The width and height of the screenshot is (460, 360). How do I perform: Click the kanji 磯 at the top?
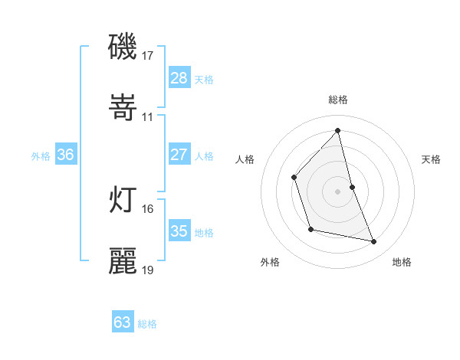(x=123, y=47)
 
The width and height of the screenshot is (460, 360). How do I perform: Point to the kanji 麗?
(x=123, y=261)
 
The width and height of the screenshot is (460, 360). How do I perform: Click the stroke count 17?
(x=148, y=56)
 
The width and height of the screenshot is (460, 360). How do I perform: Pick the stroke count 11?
(x=148, y=117)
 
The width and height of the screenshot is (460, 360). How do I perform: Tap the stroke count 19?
(x=148, y=270)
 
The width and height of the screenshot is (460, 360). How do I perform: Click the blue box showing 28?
(x=179, y=78)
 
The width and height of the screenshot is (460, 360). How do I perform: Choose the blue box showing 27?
(x=179, y=155)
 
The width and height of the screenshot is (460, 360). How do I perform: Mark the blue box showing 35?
(x=179, y=231)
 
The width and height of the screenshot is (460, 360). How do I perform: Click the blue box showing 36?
(x=66, y=155)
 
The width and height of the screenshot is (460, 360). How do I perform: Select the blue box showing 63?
(x=122, y=322)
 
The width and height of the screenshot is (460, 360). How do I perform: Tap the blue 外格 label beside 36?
(x=41, y=155)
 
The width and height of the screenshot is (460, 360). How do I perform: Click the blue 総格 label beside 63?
(x=147, y=324)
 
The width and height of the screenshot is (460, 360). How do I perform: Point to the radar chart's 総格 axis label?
(x=338, y=100)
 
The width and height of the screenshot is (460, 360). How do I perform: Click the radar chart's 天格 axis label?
(x=432, y=159)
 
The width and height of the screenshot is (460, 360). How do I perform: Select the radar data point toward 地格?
(x=374, y=241)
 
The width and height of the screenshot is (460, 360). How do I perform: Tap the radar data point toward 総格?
(x=338, y=130)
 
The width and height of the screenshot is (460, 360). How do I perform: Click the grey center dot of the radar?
(x=338, y=191)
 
